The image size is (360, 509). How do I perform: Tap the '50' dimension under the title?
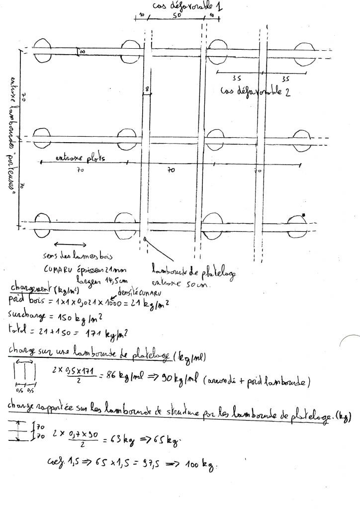pyautogui.click(x=177, y=16)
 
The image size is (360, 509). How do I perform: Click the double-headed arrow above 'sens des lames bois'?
pyautogui.click(x=70, y=244)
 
